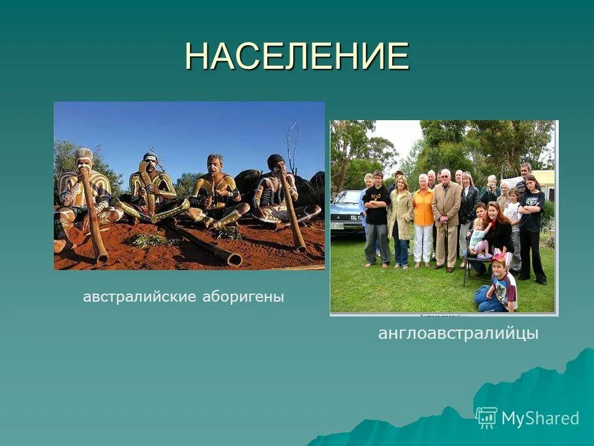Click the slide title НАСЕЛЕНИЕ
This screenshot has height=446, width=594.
pos(296,56)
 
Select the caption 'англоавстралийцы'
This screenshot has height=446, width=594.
pos(458,334)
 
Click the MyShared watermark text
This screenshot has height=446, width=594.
pos(540,418)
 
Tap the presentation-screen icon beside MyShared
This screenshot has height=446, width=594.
pos(487,418)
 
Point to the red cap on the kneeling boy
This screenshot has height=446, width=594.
pos(499,258)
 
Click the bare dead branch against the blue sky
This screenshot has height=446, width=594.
pos(291,142)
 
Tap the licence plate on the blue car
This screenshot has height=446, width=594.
pos(338,226)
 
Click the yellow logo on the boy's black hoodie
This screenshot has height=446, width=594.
pos(375,195)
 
